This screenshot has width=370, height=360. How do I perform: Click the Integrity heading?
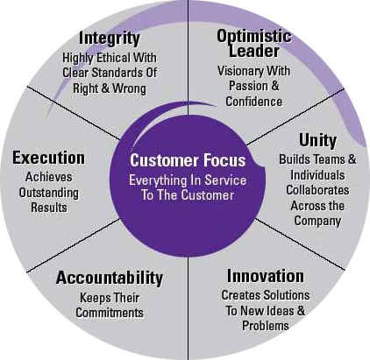[x=110, y=39]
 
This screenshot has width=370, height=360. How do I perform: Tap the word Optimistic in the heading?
[x=254, y=36]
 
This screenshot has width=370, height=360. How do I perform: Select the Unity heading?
[x=317, y=141]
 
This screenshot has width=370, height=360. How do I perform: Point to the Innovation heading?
[x=266, y=276]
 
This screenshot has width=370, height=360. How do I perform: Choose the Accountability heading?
[x=110, y=278]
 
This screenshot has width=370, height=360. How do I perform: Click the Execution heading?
[x=49, y=158]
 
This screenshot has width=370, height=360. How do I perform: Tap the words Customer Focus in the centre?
[x=188, y=160]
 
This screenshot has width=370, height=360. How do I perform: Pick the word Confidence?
[x=253, y=102]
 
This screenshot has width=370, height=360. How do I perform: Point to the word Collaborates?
[x=317, y=190]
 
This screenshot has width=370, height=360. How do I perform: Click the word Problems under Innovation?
[x=266, y=326]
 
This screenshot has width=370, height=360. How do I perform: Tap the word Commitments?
[x=110, y=313]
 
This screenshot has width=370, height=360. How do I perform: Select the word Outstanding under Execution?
[x=49, y=193]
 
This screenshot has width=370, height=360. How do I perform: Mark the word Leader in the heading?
[x=254, y=51]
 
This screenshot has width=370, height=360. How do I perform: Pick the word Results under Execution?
[x=49, y=208]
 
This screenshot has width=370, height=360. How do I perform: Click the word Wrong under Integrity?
[x=129, y=88]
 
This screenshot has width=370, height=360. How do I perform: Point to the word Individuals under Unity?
[x=317, y=175]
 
